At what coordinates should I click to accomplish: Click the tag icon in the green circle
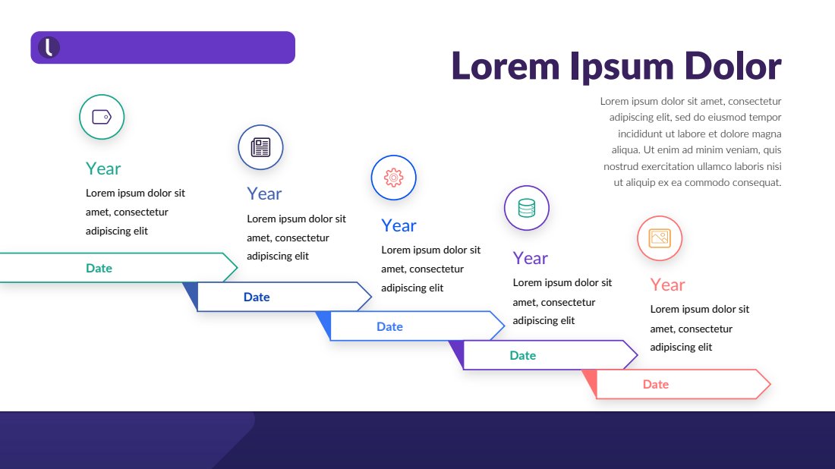(x=102, y=117)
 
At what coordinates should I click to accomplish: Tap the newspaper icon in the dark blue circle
(x=260, y=147)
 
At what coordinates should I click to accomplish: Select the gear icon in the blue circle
(x=393, y=178)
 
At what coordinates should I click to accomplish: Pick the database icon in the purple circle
(x=527, y=208)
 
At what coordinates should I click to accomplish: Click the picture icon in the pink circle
(x=659, y=238)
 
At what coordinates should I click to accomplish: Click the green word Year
(x=103, y=168)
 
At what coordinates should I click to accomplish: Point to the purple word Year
(x=530, y=258)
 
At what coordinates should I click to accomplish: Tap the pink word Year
(x=667, y=285)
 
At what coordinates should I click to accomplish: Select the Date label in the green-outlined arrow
(x=99, y=268)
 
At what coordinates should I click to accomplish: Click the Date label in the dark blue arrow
(x=257, y=297)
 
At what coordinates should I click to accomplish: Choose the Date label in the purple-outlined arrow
(x=523, y=355)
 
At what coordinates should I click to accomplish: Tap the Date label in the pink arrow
(x=656, y=384)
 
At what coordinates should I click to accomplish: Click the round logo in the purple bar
(x=49, y=47)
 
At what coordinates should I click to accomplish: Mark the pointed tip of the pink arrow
(x=770, y=384)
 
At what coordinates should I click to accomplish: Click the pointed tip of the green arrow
(x=237, y=267)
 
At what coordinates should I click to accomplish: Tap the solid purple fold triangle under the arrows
(x=458, y=351)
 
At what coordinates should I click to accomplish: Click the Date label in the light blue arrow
(x=390, y=326)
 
